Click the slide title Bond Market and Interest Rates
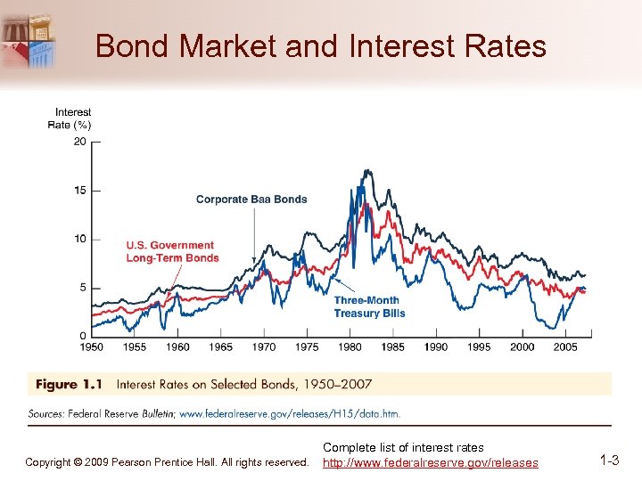pyautogui.click(x=320, y=45)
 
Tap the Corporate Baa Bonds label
pyautogui.click(x=251, y=200)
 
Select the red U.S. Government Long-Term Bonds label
pyautogui.click(x=172, y=252)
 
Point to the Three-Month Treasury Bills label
pyautogui.click(x=369, y=307)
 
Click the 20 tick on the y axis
pyautogui.click(x=80, y=142)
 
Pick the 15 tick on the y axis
pyautogui.click(x=80, y=191)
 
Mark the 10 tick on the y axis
pyautogui.click(x=80, y=239)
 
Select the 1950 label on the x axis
pyautogui.click(x=92, y=346)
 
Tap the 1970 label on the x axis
pyautogui.click(x=264, y=346)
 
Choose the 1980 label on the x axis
pyautogui.click(x=350, y=346)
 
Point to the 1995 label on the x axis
pyautogui.click(x=480, y=346)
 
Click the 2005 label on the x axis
pyautogui.click(x=565, y=346)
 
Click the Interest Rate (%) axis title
pyautogui.click(x=70, y=118)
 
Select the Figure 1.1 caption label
pyautogui.click(x=69, y=385)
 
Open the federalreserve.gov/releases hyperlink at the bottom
pyautogui.click(x=430, y=462)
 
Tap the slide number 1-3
pyautogui.click(x=610, y=461)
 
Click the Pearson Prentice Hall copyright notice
pyautogui.click(x=167, y=462)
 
